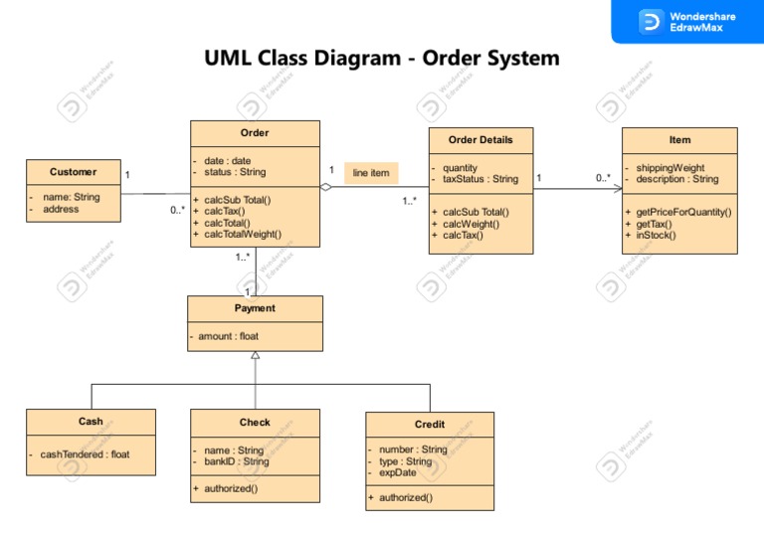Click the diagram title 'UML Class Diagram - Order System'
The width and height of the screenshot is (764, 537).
click(382, 58)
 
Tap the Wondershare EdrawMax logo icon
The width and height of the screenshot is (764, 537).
click(652, 22)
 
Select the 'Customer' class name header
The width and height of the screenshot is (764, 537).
click(74, 172)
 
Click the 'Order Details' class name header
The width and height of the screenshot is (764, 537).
click(480, 140)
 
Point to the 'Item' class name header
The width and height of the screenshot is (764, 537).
click(679, 140)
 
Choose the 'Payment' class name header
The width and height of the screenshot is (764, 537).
click(255, 308)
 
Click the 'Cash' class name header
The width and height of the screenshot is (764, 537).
click(91, 422)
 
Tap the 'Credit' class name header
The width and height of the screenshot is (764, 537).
click(430, 425)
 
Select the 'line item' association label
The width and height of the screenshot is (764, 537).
click(371, 173)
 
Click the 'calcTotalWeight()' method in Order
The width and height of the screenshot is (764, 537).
click(243, 235)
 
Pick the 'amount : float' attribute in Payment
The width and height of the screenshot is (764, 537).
click(228, 337)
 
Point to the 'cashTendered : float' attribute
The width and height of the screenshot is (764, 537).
click(85, 454)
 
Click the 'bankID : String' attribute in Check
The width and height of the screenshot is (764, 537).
click(236, 461)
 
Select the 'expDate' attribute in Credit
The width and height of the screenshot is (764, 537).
click(397, 473)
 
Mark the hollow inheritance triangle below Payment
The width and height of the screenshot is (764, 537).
click(255, 356)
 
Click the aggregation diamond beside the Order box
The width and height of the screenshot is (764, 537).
click(326, 186)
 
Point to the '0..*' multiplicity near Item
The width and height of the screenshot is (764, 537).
click(604, 178)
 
